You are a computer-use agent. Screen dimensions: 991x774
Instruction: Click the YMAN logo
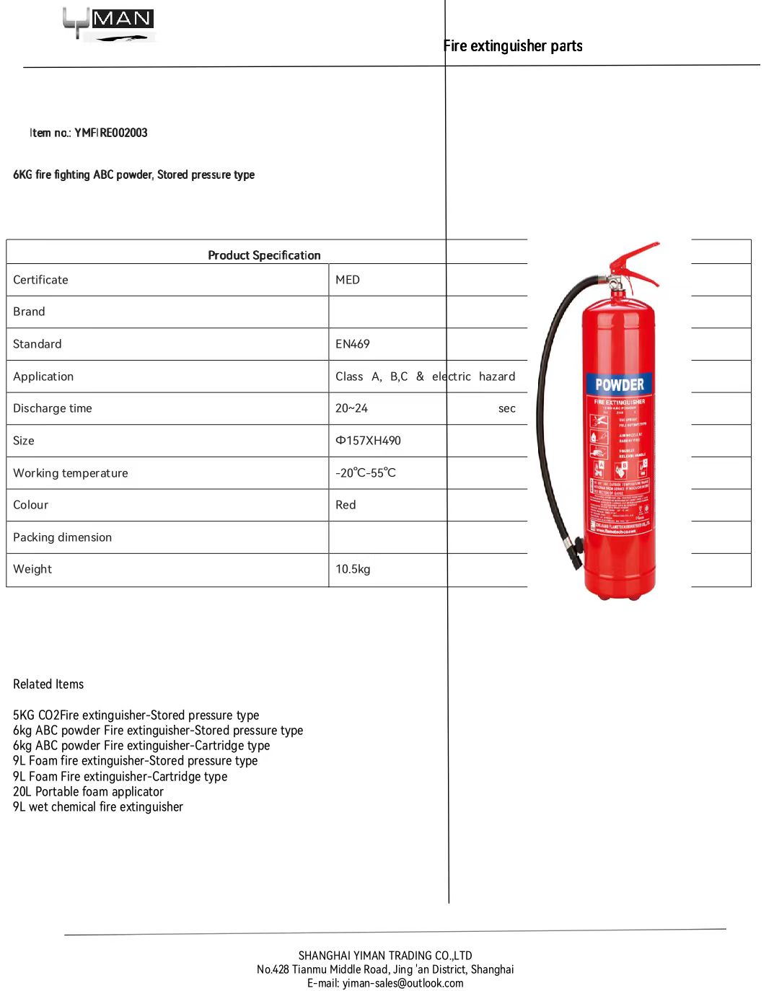point(108,24)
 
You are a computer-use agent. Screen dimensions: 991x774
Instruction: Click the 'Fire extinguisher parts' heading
point(513,46)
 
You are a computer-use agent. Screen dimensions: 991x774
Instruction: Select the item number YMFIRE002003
point(111,133)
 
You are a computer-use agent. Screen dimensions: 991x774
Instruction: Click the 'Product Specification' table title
point(264,255)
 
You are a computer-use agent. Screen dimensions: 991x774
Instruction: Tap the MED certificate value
point(348,280)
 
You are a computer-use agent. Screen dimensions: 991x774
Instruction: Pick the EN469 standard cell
point(353,344)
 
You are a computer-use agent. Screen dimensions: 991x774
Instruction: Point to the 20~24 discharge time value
point(352,408)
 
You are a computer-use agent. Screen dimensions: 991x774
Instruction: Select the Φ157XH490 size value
point(368,441)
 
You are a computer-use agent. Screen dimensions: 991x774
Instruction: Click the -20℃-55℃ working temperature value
point(366,473)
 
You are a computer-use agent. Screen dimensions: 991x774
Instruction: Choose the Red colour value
point(346,505)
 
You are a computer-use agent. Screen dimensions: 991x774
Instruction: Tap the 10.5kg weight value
point(353,569)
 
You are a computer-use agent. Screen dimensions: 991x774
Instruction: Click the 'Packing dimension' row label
point(63,537)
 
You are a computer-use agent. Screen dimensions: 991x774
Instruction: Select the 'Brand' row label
point(29,312)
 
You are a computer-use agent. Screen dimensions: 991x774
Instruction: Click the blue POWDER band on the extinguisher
point(620,384)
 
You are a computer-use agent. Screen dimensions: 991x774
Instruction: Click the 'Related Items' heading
point(48,684)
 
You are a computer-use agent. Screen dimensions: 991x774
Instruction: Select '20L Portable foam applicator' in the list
point(88,792)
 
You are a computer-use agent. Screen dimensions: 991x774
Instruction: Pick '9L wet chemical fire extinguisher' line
point(98,807)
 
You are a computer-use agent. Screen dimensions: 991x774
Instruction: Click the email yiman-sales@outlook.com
point(403,983)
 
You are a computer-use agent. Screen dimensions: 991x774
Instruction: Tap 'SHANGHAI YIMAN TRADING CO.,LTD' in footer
point(385,956)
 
